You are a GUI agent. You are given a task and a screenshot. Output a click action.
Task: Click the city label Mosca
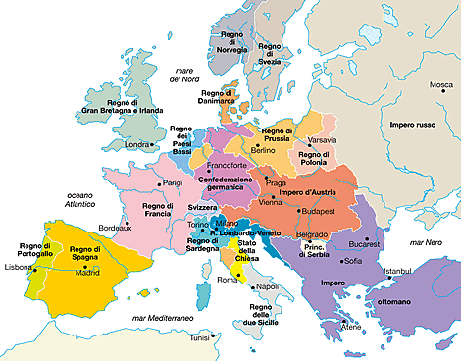click(x=441, y=85)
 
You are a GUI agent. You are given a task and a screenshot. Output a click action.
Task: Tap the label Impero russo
click(x=415, y=126)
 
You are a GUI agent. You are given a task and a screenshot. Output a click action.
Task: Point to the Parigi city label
click(x=172, y=182)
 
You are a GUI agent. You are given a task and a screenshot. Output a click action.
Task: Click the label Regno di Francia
click(x=156, y=210)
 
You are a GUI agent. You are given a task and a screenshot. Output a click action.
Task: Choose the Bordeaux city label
click(x=115, y=228)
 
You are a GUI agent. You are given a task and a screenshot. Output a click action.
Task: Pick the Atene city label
click(x=351, y=325)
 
